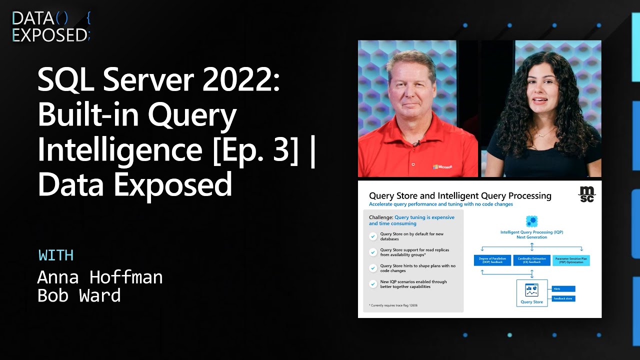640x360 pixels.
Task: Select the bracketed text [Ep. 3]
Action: pyautogui.click(x=250, y=150)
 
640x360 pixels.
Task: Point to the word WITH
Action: pyautogui.click(x=56, y=255)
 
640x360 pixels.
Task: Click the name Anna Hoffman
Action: pyautogui.click(x=100, y=276)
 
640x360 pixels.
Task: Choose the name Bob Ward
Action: pyautogui.click(x=79, y=295)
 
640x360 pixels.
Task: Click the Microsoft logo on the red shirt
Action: pyautogui.click(x=442, y=166)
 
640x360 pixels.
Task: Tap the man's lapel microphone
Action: pyautogui.click(x=415, y=143)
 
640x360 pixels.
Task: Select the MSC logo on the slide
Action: pyautogui.click(x=586, y=194)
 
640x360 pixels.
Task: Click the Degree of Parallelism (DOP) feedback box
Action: pyautogui.click(x=492, y=260)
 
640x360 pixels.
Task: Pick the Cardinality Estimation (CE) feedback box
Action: pyautogui.click(x=531, y=260)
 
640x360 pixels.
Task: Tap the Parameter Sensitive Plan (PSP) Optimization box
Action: pyautogui.click(x=571, y=260)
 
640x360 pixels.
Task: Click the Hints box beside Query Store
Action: pyautogui.click(x=563, y=288)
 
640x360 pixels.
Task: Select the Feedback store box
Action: pyautogui.click(x=563, y=298)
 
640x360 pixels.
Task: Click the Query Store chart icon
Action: pyautogui.click(x=531, y=290)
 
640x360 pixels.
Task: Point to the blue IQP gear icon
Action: pyautogui.click(x=531, y=221)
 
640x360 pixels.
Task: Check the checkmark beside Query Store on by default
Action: pyautogui.click(x=373, y=236)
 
